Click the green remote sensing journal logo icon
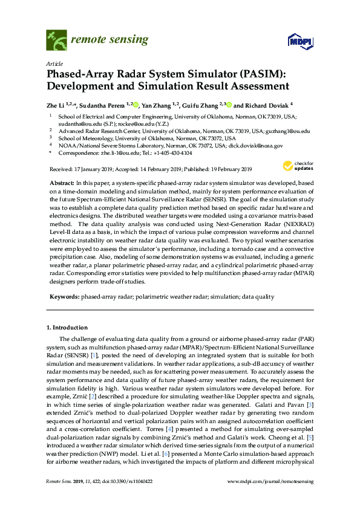pos(56,41)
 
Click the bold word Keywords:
pos(63,297)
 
